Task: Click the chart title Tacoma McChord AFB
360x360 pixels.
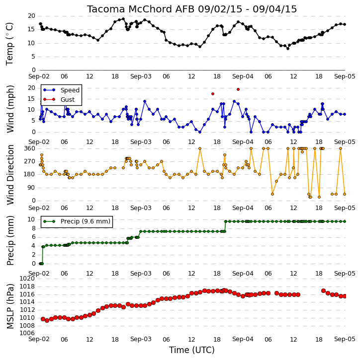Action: pyautogui.click(x=141, y=9)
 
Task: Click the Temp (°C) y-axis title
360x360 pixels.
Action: pyautogui.click(x=9, y=44)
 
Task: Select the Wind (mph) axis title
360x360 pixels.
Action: pyautogui.click(x=10, y=109)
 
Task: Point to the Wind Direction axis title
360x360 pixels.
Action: pyautogui.click(x=10, y=175)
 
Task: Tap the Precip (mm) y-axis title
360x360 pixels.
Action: pyautogui.click(x=10, y=241)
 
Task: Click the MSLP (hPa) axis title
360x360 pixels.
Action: pyautogui.click(x=10, y=306)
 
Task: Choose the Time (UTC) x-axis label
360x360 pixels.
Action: pyautogui.click(x=192, y=351)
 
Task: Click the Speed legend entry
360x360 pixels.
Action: pyautogui.click(x=61, y=90)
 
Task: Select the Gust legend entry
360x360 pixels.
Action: pyautogui.click(x=59, y=100)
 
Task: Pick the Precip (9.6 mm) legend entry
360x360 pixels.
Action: pyautogui.click(x=77, y=221)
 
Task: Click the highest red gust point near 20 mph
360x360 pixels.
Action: pyautogui.click(x=238, y=89)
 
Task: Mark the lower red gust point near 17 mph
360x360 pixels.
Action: pyautogui.click(x=213, y=94)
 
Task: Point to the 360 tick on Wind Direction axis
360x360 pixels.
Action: pyautogui.click(x=29, y=148)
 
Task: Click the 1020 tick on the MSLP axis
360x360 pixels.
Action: pyautogui.click(x=27, y=279)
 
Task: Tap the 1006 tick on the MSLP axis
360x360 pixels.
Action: pyautogui.click(x=27, y=333)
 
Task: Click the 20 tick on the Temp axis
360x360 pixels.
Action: pyautogui.click(x=31, y=16)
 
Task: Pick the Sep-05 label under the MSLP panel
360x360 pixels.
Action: pyautogui.click(x=345, y=339)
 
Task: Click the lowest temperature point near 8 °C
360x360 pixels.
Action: pyautogui.click(x=288, y=49)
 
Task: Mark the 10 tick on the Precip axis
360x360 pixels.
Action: pyautogui.click(x=31, y=219)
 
